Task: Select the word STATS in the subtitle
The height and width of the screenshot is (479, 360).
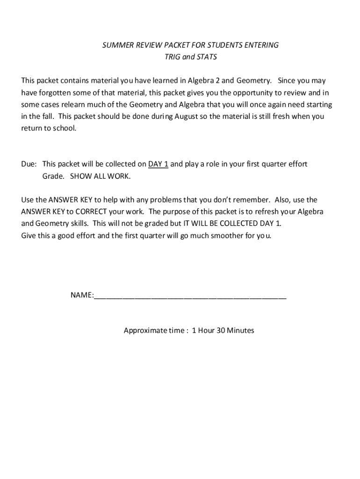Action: click(x=207, y=57)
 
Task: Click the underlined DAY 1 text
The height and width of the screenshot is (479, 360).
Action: click(x=158, y=164)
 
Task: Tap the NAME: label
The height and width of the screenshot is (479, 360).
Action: click(x=82, y=295)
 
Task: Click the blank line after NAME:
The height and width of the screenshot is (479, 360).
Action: click(x=190, y=297)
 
